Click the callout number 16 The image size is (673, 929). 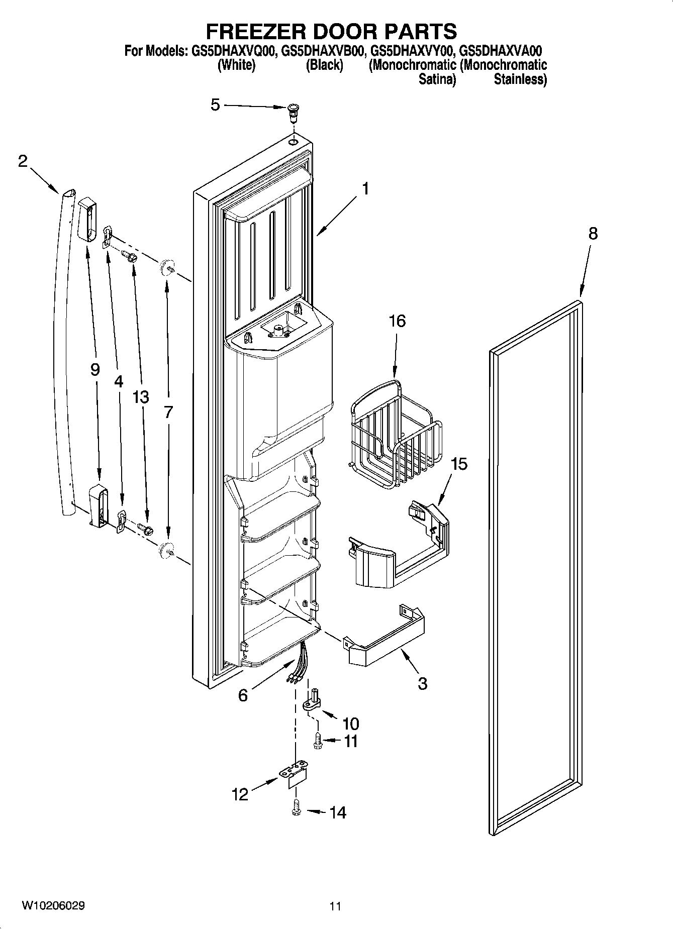click(397, 321)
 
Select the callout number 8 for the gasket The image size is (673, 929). click(593, 234)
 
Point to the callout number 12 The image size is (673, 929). click(240, 794)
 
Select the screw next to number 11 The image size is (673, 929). click(318, 740)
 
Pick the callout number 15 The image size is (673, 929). click(458, 463)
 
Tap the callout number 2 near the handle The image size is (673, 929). click(23, 161)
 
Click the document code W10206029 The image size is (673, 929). click(53, 905)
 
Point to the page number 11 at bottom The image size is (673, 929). click(335, 906)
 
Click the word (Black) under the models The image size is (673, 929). click(325, 65)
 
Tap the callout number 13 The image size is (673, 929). click(141, 397)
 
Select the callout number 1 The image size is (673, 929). click(365, 189)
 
